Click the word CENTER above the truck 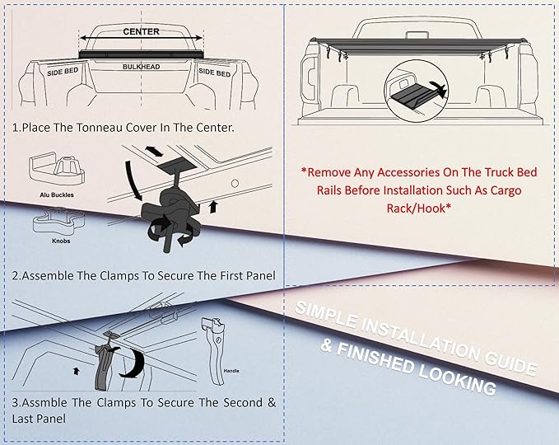coord(141,31)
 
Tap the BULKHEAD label coord(141,65)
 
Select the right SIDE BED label coord(214,73)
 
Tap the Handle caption coord(233,382)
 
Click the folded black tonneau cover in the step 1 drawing coord(141,54)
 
